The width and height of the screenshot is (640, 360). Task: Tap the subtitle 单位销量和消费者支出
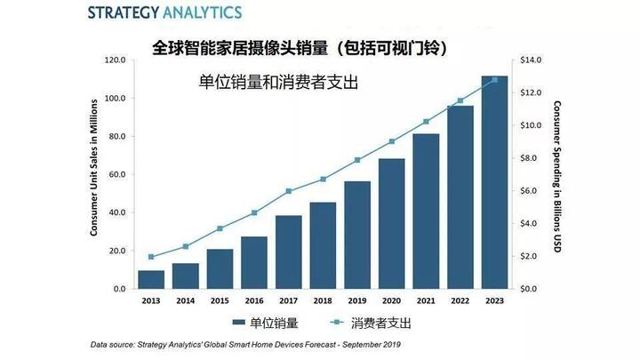pos(278,84)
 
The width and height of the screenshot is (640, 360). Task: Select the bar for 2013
pos(150,279)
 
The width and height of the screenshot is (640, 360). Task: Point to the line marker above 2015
pos(220,228)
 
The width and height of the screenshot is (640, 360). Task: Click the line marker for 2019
pos(357,160)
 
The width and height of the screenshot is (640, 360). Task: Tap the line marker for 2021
pos(426,121)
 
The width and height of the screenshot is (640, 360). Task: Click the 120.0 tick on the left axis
pos(115,60)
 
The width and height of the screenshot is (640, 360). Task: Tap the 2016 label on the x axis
pos(253,300)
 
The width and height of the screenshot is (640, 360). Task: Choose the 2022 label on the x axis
pos(460,300)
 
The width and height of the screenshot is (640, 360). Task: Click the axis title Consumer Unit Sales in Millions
pos(93,174)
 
